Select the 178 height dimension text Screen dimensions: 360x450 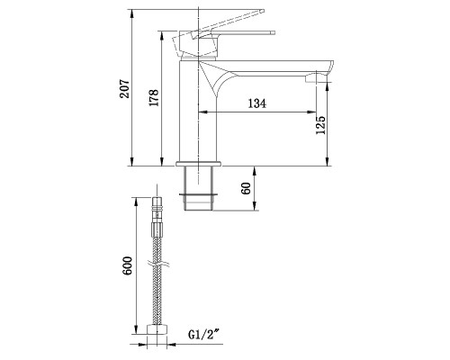click(155, 99)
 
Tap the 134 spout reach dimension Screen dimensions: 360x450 click(258, 105)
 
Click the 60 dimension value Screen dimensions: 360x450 click(245, 188)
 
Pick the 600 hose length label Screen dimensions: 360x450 click(128, 265)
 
